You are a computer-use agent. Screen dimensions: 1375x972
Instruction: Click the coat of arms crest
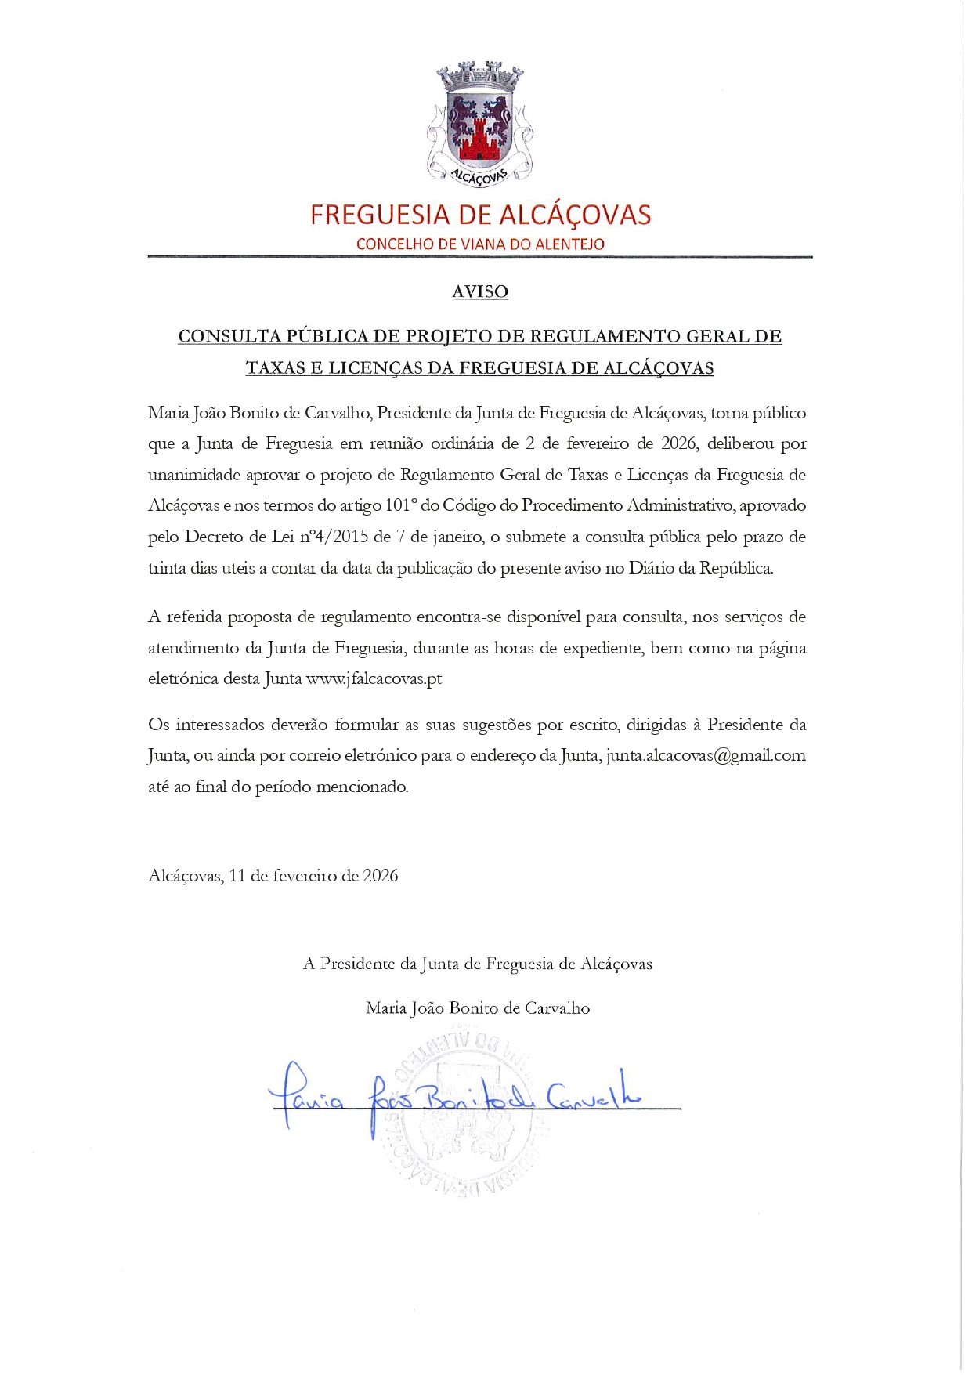pyautogui.click(x=479, y=124)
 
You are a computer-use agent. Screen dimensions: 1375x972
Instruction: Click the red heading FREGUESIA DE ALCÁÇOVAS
pyautogui.click(x=480, y=215)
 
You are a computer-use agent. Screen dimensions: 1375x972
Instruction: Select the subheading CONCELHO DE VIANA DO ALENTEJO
pyautogui.click(x=480, y=244)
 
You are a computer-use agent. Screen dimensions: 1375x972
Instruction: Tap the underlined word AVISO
pyautogui.click(x=480, y=291)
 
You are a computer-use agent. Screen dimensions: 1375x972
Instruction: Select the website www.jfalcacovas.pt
pyautogui.click(x=374, y=678)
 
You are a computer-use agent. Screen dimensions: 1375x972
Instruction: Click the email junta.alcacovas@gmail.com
pyautogui.click(x=706, y=755)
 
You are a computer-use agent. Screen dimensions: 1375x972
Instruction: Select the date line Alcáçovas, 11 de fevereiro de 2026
pyautogui.click(x=273, y=875)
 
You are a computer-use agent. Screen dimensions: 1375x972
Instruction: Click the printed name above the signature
pyautogui.click(x=478, y=1008)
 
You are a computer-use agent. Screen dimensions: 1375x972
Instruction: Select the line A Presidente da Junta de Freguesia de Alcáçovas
pyautogui.click(x=478, y=964)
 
